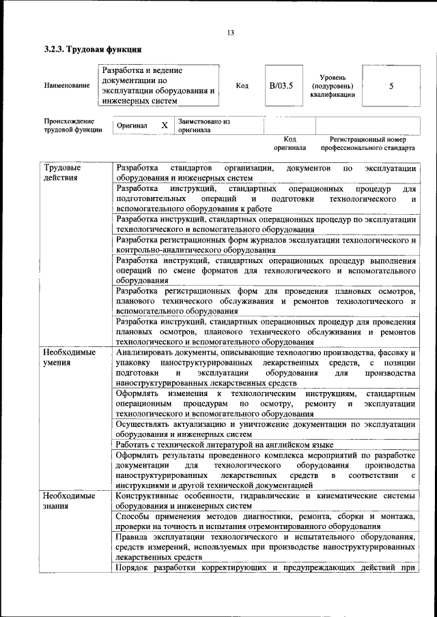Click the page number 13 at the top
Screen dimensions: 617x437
230,33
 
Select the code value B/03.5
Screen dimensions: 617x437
281,86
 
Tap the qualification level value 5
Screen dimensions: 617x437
391,86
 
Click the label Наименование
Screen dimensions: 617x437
66,86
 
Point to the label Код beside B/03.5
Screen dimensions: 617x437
242,86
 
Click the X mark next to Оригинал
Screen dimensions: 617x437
164,125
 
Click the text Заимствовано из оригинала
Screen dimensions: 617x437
203,125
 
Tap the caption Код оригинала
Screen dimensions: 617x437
290,142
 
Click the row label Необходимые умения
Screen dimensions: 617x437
69,358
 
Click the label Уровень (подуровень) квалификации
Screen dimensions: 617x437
332,86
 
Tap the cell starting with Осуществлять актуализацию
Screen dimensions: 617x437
265,428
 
